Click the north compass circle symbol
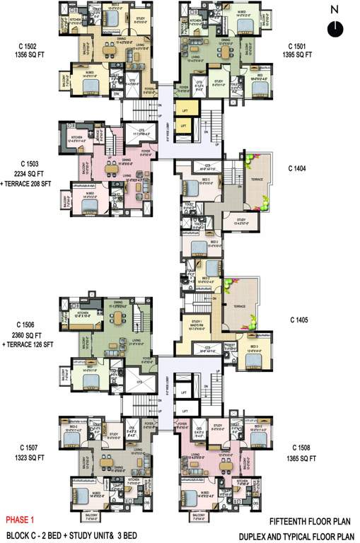click(x=335, y=28)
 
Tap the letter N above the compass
click(x=335, y=10)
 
